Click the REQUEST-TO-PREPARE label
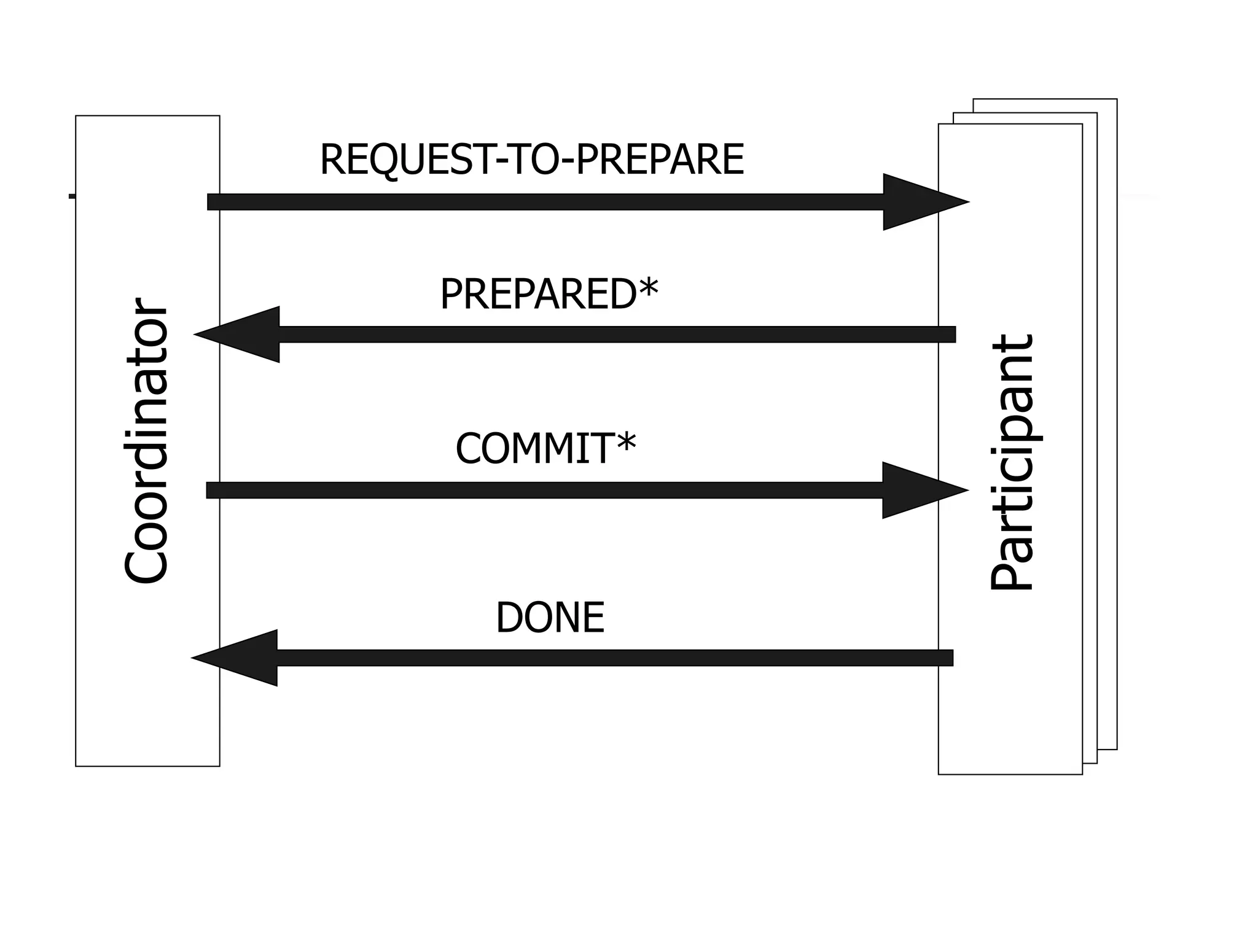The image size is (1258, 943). point(532,160)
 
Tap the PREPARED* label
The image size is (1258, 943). point(549,295)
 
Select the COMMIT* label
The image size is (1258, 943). point(545,449)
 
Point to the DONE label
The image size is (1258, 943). point(550,618)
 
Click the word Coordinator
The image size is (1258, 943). point(146,441)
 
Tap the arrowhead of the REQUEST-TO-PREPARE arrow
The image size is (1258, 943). point(921,202)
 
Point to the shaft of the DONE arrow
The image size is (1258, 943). point(614,658)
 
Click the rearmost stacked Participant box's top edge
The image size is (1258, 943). point(1044,99)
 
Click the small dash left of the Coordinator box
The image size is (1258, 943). point(72,196)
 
